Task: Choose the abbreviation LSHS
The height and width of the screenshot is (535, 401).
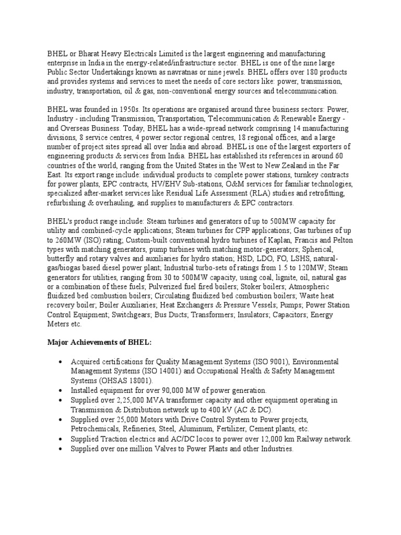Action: coord(296,259)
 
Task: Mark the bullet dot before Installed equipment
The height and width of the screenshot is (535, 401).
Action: coord(62,390)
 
